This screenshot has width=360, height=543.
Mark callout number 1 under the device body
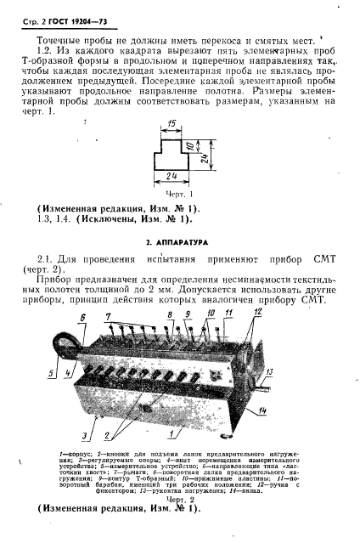click(x=174, y=433)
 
